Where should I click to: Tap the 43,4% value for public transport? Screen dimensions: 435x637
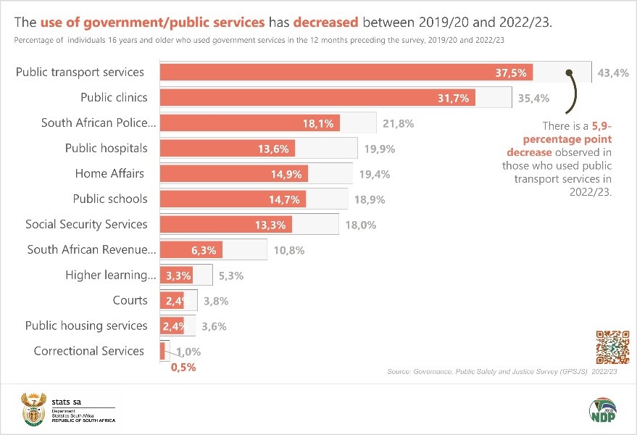pyautogui.click(x=613, y=72)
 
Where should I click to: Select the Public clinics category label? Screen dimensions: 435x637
pyautogui.click(x=114, y=97)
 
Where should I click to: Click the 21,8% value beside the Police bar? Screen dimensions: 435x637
pyautogui.click(x=399, y=123)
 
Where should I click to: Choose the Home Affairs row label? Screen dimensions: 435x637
pyautogui.click(x=109, y=173)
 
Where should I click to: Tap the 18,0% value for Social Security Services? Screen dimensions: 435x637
pyautogui.click(x=361, y=225)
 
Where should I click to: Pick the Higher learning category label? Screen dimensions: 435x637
pyautogui.click(x=111, y=275)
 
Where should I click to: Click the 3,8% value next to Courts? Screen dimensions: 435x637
pyautogui.click(x=217, y=301)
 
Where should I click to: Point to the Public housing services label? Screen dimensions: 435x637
pyautogui.click(x=86, y=326)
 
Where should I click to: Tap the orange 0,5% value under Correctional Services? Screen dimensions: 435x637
pyautogui.click(x=183, y=368)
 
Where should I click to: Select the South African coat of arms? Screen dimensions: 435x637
pyautogui.click(x=33, y=410)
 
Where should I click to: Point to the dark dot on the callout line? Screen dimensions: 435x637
pyautogui.click(x=570, y=72)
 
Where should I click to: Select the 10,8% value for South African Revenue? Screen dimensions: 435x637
pyautogui.click(x=290, y=250)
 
